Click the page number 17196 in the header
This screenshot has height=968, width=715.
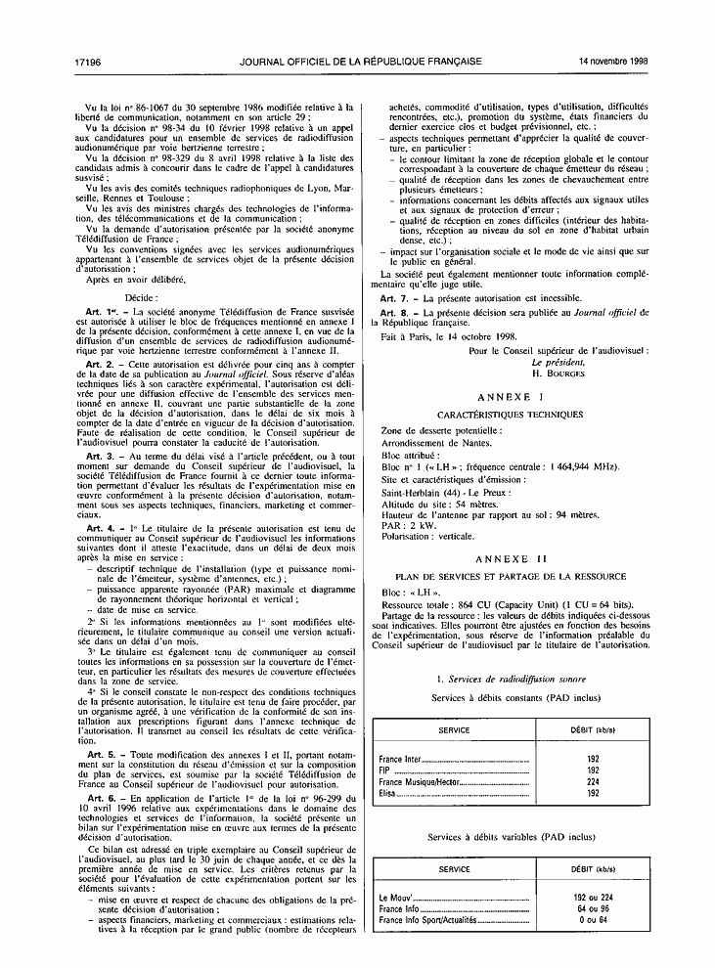pos(89,61)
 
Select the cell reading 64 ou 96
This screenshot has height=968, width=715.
pos(593,908)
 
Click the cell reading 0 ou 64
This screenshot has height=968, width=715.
pos(593,920)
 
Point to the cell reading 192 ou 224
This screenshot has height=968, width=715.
pos(593,897)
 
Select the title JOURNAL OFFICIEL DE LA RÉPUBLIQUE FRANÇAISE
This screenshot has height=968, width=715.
pos(360,61)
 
